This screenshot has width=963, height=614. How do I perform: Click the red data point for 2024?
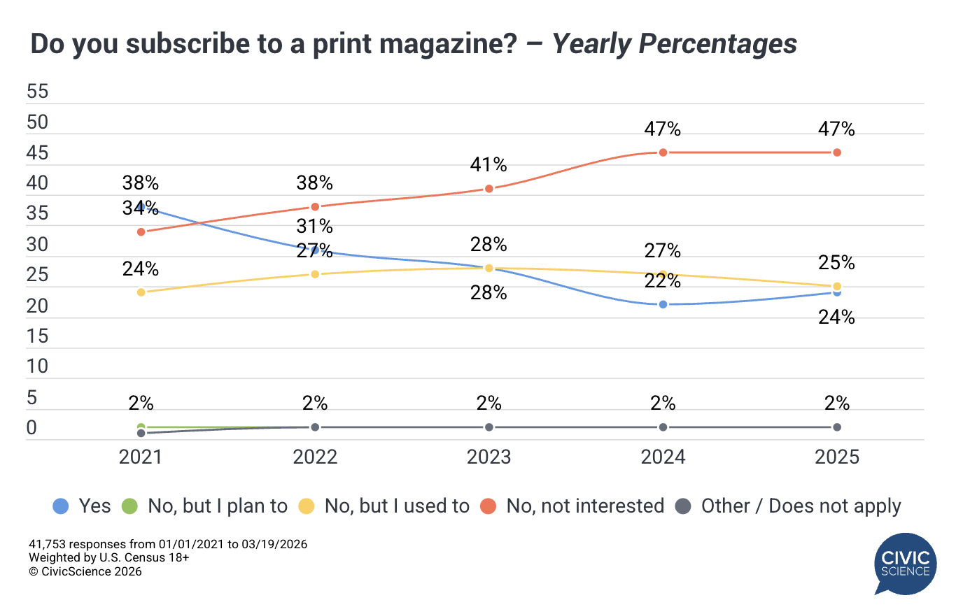click(x=663, y=152)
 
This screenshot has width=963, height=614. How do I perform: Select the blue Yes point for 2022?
click(x=315, y=250)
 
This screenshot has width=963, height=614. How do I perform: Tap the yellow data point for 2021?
click(x=141, y=292)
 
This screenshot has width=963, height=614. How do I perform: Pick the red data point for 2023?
click(x=489, y=189)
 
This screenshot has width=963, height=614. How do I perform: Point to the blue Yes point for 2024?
click(x=663, y=304)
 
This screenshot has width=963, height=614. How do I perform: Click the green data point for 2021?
click(x=141, y=427)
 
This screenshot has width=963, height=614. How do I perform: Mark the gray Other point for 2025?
click(x=837, y=427)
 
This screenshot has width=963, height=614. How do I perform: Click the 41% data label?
click(x=488, y=165)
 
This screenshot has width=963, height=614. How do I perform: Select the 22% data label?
click(x=663, y=280)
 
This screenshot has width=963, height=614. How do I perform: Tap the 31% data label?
click(x=315, y=227)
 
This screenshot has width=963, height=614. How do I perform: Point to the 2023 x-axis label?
click(x=489, y=457)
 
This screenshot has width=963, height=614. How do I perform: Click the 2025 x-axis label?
click(x=837, y=457)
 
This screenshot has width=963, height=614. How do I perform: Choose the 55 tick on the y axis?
click(x=37, y=92)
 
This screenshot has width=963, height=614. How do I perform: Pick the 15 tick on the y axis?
click(x=37, y=336)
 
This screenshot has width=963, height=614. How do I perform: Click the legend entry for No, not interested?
click(x=584, y=506)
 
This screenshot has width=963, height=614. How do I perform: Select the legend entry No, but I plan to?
click(x=217, y=506)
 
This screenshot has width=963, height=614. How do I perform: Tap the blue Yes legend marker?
click(x=61, y=506)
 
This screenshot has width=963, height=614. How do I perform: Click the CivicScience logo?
click(x=905, y=564)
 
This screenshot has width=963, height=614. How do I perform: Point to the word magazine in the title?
click(x=414, y=44)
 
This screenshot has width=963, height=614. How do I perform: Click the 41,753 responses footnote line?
click(x=168, y=544)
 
